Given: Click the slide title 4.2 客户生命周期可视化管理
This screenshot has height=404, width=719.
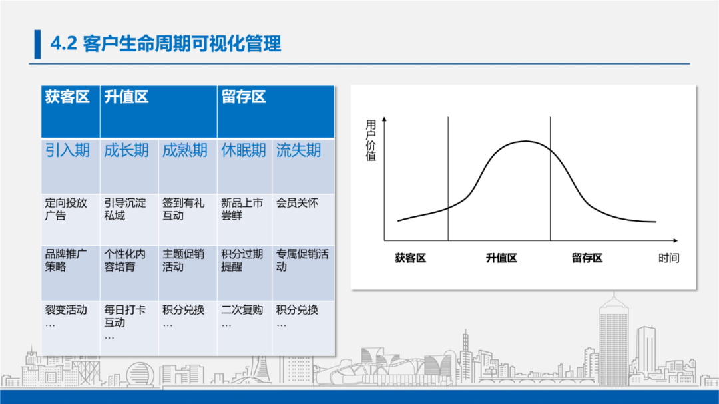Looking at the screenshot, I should tap(166, 44).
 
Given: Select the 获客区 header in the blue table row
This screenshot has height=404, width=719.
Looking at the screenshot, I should tap(67, 97).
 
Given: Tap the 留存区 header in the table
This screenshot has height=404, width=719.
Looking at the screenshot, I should tap(244, 97).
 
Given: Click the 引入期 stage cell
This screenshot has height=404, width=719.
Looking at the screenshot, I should tap(67, 150).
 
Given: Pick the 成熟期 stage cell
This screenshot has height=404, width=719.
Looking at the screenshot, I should tap(185, 150).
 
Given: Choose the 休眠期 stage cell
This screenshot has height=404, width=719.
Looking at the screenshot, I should tap(244, 150).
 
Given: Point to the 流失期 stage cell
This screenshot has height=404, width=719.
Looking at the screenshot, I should tap(299, 150).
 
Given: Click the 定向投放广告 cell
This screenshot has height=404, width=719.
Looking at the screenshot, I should tap(66, 209).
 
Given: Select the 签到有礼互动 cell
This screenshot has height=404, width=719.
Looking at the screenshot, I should tap(184, 209).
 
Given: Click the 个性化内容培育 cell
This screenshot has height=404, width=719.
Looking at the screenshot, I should tap(125, 260).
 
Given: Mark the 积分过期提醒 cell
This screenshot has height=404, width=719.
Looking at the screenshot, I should tap(242, 260).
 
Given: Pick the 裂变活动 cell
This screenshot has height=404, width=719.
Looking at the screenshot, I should tap(66, 310).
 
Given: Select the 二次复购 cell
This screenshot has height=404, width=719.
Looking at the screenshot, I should tap(242, 310).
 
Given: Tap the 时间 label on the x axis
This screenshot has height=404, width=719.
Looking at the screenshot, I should tap(669, 258).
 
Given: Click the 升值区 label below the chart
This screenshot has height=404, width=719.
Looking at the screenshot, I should tap(501, 258).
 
